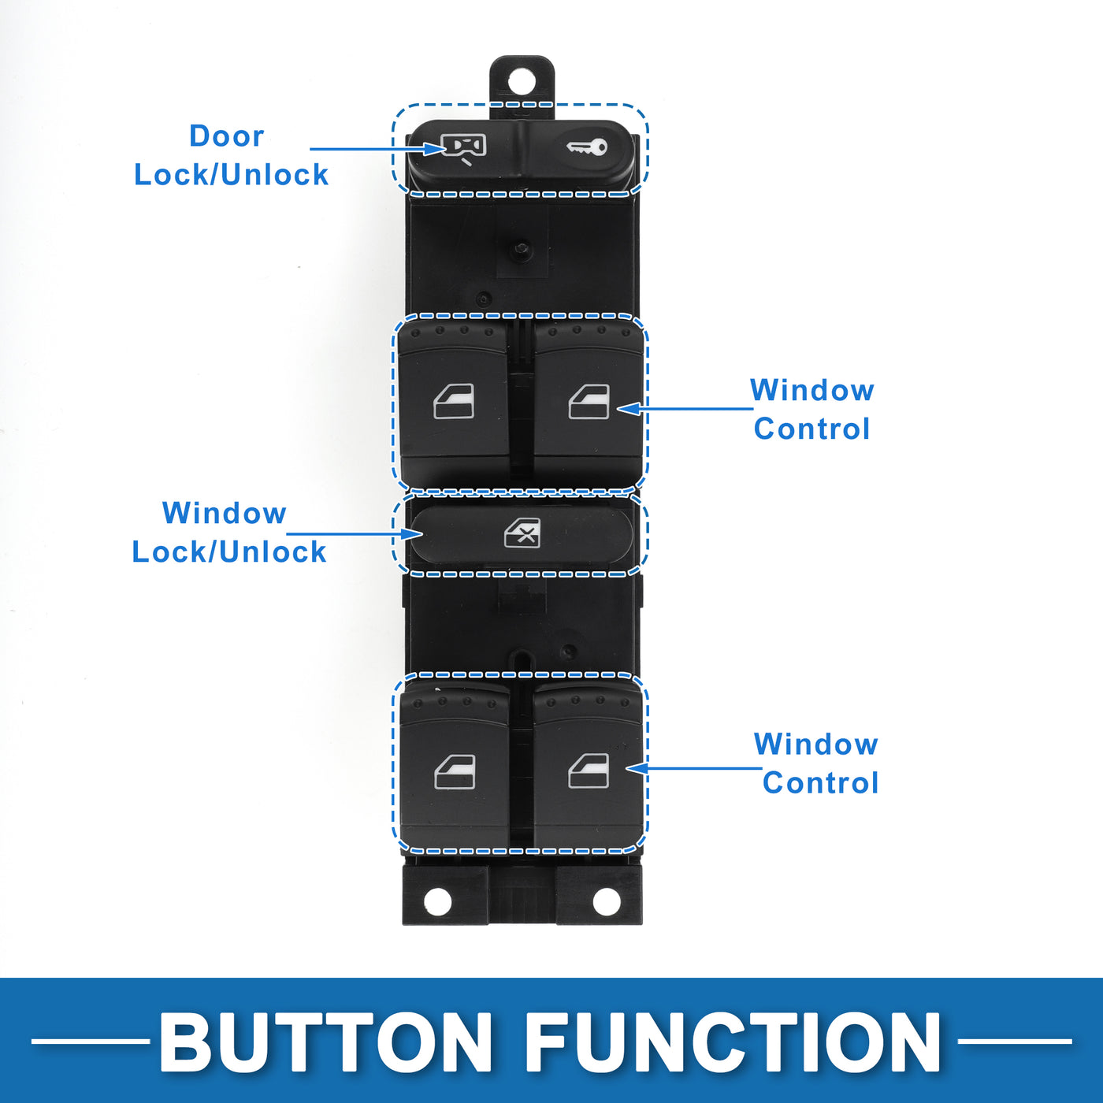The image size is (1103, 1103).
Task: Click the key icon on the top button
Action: coord(588,147)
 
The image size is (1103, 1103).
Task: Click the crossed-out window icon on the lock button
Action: coord(522,533)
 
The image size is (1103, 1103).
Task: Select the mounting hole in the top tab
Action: coord(521,81)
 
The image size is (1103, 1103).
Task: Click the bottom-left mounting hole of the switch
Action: coord(437,901)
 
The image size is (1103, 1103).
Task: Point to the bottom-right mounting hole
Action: coord(607,901)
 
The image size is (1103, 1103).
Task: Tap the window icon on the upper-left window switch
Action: coord(454,401)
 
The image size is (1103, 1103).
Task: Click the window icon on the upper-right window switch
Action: coord(589,401)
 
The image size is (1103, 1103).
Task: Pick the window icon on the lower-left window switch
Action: coord(455,771)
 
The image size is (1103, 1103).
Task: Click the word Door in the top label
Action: coord(226,136)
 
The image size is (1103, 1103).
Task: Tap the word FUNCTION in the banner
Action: coord(733,1042)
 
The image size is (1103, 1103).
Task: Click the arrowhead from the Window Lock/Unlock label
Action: coord(414,534)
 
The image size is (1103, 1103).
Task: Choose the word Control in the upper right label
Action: coord(811,429)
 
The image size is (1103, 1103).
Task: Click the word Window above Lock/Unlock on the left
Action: coord(224,513)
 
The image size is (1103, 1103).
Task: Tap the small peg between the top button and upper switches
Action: coord(521,249)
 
